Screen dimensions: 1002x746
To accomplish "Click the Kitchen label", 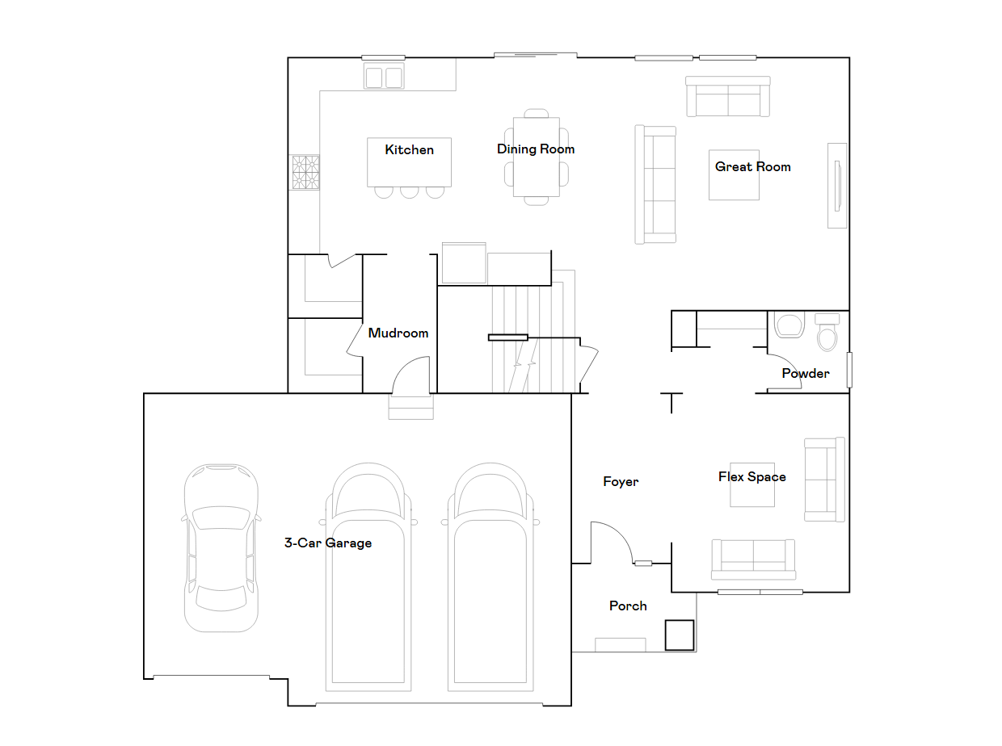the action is [x=409, y=149].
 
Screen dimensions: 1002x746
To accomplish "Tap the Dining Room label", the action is [x=535, y=149].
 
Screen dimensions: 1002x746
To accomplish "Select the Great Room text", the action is [x=752, y=166].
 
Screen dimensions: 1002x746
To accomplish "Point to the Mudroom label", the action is [x=398, y=333].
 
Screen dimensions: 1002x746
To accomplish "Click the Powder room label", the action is [x=806, y=373].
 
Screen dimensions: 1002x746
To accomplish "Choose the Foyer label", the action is [x=621, y=481].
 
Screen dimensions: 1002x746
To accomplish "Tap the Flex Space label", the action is [x=752, y=477].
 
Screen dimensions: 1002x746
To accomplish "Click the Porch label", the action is [x=628, y=606].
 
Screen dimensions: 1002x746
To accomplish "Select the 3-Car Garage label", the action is [x=328, y=543].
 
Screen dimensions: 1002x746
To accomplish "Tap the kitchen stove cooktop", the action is [x=305, y=172].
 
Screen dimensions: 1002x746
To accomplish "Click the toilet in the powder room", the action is [x=827, y=332].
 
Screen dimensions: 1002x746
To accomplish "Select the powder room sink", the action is [x=789, y=325].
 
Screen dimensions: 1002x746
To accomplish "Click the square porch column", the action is [x=679, y=635].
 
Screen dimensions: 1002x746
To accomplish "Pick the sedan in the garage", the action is [x=221, y=547].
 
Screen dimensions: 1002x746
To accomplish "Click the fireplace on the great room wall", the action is [x=836, y=186].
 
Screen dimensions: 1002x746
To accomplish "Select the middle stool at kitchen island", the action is [x=410, y=192].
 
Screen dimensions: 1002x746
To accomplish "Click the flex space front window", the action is [x=760, y=592].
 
